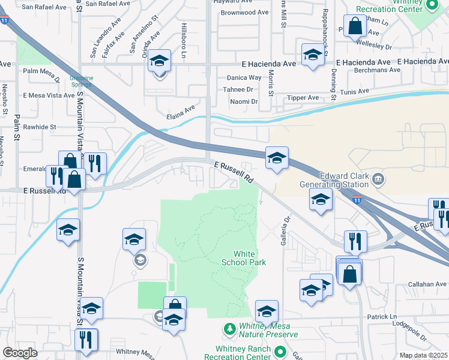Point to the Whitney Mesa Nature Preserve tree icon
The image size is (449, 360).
(229, 329)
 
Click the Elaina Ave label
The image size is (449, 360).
(181, 112)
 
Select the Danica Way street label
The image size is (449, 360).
(244, 77)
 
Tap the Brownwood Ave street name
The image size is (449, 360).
(244, 12)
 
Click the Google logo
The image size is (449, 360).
(20, 352)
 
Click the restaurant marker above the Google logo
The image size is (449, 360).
(86, 340)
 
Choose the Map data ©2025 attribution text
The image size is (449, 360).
(424, 355)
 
